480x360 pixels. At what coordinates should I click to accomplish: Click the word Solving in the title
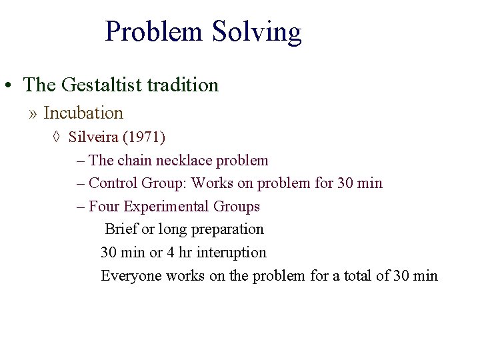[x=257, y=32]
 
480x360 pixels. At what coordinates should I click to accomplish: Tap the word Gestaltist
[x=101, y=85]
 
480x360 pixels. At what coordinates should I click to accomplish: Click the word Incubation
[x=83, y=113]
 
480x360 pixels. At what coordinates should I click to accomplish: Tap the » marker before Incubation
[x=33, y=114]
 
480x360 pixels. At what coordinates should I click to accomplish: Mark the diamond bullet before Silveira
[x=56, y=138]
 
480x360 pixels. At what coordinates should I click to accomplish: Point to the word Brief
[x=121, y=229]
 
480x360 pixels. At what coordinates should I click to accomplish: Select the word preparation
[x=227, y=229]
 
